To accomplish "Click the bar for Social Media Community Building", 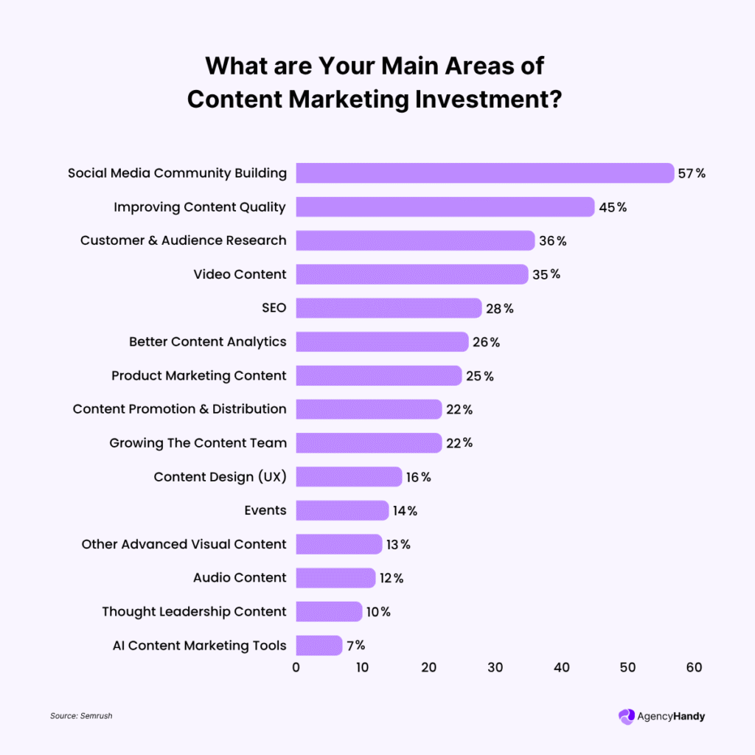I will [484, 173].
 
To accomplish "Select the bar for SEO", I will [389, 308].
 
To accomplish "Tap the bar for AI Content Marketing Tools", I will [319, 645].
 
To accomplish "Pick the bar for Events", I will [342, 510].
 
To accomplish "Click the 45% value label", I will [613, 207].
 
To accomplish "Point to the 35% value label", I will [546, 274].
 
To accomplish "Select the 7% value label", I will [355, 645].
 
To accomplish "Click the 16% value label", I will [418, 477].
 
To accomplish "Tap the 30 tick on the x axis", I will [495, 668].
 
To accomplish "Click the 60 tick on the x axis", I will [694, 668].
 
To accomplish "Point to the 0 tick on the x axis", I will [296, 668].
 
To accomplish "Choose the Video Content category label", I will [240, 274].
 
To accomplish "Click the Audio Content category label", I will [240, 577].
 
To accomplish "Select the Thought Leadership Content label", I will [194, 611].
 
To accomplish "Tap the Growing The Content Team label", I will [198, 443].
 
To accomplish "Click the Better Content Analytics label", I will [207, 342].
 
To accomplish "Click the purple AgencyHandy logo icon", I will [626, 716].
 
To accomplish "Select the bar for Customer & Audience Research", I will [415, 240].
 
